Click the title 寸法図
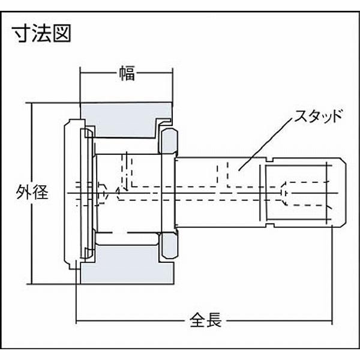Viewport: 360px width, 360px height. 43,34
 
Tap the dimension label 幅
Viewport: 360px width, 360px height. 127,73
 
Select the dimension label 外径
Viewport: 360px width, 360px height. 32,192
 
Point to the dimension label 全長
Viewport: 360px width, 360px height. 206,320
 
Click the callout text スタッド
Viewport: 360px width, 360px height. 318,116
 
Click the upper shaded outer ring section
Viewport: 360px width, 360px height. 126,119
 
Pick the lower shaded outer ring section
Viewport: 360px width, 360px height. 127,265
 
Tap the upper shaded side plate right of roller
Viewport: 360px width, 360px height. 169,141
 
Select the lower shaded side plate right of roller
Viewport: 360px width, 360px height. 169,245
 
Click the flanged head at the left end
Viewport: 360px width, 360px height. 73,193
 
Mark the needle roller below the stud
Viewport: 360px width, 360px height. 128,239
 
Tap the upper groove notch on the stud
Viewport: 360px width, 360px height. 270,160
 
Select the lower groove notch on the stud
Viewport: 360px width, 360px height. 270,224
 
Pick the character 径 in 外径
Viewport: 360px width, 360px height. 40,192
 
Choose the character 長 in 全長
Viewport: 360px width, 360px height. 214,320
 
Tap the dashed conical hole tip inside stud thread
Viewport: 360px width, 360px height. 284,193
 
